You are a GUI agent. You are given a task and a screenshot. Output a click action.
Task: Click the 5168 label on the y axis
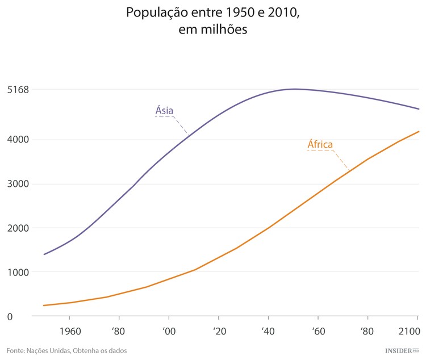tap(18, 89)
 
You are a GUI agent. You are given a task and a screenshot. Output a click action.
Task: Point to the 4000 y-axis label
tap(18, 139)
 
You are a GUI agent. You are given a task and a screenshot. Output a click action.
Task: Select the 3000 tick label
tap(18, 183)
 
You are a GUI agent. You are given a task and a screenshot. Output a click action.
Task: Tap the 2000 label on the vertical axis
tap(18, 228)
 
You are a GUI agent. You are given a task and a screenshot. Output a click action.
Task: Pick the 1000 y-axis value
tap(18, 272)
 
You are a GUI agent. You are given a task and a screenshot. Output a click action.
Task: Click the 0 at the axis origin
tap(10, 316)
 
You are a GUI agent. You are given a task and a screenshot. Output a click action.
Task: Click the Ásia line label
tap(164, 110)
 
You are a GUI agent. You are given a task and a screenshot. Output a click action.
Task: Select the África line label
tap(320, 144)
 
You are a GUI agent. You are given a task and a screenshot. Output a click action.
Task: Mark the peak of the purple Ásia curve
tap(295, 89)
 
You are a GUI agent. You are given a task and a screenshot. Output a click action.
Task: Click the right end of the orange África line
tap(419, 132)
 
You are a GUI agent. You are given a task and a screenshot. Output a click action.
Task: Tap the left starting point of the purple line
tap(44, 254)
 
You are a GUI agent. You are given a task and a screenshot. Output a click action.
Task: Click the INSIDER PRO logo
tap(402, 350)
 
